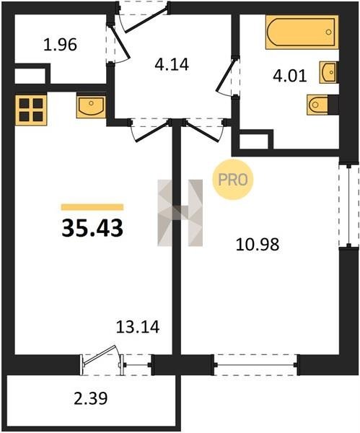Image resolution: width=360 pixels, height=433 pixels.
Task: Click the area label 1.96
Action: [60, 45]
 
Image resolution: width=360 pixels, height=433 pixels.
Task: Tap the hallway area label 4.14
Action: [172, 64]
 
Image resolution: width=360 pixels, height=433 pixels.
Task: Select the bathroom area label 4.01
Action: [290, 76]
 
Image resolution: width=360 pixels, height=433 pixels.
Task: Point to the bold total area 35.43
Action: [92, 228]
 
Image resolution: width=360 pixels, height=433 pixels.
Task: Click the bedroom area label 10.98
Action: [258, 245]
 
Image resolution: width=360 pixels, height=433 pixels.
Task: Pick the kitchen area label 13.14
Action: [138, 327]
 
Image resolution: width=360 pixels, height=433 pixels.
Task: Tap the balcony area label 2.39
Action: [91, 398]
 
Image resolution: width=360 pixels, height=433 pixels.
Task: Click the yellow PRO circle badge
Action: [233, 180]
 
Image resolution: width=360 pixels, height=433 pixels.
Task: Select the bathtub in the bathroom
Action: [302, 32]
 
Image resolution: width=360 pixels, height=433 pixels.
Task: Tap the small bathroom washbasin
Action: [328, 72]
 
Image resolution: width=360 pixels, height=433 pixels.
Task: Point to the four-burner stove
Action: [31, 110]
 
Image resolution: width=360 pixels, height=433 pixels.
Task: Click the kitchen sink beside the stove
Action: [91, 106]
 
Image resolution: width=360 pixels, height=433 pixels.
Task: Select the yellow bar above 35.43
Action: [92, 207]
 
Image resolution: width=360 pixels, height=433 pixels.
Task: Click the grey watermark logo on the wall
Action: [180, 213]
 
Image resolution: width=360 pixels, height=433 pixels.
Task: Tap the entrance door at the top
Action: [146, 20]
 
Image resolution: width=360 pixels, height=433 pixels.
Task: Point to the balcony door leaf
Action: [100, 355]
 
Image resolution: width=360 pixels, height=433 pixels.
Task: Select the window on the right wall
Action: [349, 206]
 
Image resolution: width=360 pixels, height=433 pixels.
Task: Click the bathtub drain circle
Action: [328, 32]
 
